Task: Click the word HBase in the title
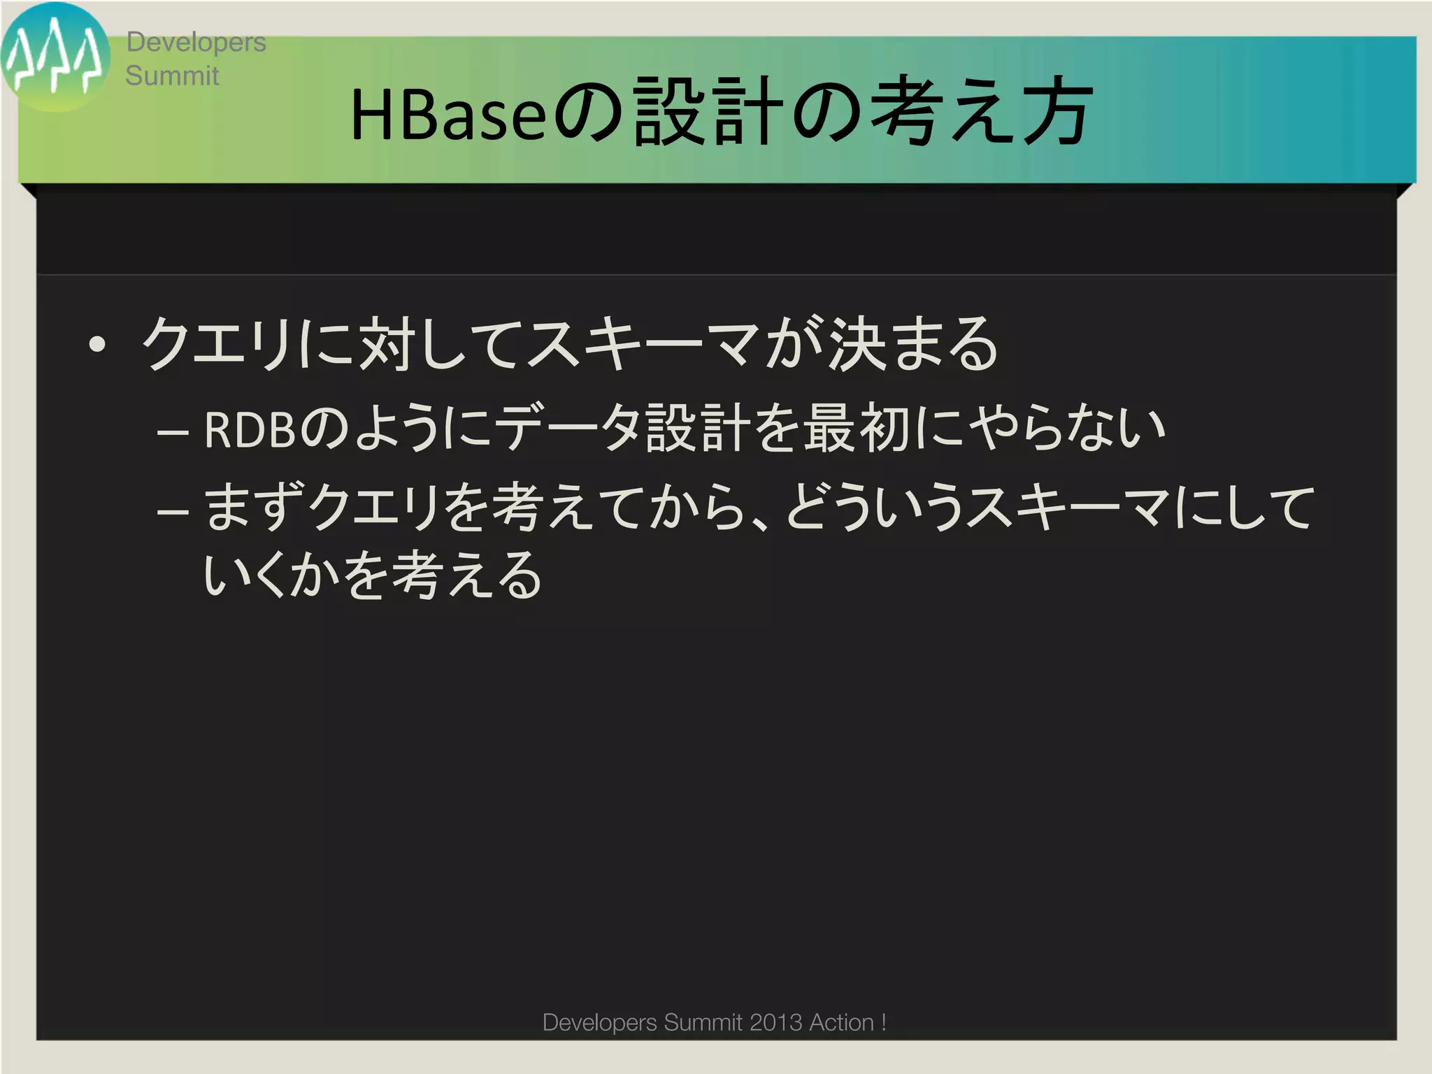447,114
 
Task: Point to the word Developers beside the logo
196,42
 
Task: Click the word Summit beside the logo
172,76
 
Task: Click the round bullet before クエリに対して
97,344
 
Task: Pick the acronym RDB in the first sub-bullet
250,429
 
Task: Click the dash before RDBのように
173,432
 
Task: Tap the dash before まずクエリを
173,510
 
